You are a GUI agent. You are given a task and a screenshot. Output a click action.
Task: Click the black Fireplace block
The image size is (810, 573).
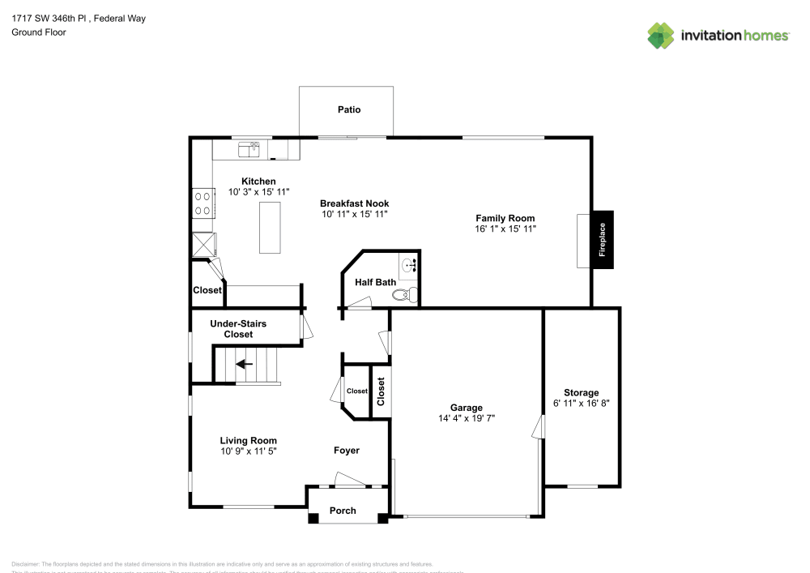(603, 239)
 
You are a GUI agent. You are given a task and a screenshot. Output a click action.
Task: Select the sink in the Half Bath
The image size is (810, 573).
(409, 265)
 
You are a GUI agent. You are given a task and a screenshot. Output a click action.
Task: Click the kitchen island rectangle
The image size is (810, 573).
(270, 227)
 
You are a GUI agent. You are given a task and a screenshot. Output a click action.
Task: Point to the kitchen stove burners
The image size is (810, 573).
(202, 203)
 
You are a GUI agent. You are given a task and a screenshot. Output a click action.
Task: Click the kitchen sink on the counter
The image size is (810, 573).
(248, 148)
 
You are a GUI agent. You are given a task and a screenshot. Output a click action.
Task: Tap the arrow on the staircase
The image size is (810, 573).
(244, 364)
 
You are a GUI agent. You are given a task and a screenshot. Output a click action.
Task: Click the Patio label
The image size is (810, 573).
(349, 109)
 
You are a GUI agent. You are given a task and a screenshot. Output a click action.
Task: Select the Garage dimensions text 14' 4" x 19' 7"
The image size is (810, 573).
(467, 418)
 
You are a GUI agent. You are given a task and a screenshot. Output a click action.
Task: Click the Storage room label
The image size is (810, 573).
(582, 392)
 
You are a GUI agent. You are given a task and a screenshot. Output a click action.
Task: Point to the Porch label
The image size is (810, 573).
(343, 511)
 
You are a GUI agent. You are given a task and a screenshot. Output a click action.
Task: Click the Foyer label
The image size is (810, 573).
(347, 450)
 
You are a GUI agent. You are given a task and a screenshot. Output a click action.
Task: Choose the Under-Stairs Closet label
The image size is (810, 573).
(238, 328)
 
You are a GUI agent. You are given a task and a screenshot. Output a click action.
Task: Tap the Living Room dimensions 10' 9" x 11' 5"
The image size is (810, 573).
(248, 451)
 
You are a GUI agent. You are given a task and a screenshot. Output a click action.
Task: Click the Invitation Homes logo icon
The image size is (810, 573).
(661, 36)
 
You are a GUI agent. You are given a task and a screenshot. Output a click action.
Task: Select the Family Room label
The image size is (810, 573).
(505, 218)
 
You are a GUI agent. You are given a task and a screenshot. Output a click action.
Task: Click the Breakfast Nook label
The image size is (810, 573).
(354, 203)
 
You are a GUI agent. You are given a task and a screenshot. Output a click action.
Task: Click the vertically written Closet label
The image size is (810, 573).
(380, 391)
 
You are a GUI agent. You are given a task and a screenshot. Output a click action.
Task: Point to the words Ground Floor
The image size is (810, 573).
(39, 32)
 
